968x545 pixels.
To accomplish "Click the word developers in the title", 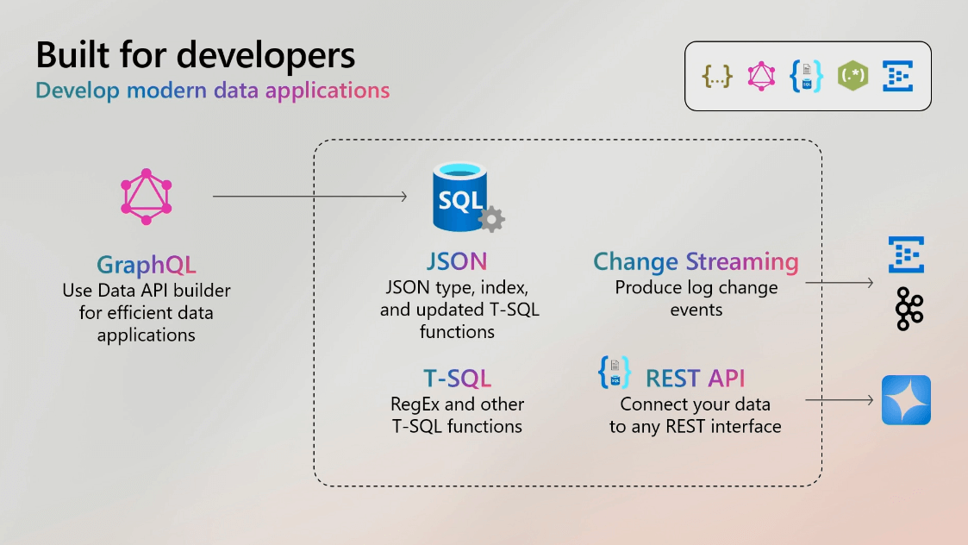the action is click(x=265, y=56).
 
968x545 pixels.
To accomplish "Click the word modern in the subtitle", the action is click(x=166, y=91).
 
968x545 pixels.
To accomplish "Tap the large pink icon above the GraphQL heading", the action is click(x=147, y=197).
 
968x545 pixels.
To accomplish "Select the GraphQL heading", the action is click(x=147, y=265).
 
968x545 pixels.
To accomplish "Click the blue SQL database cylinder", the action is click(x=459, y=197).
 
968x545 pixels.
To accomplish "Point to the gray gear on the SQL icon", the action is click(x=491, y=219).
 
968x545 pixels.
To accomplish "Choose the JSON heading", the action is click(x=457, y=261).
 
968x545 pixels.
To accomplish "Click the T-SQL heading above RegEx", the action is click(x=458, y=379).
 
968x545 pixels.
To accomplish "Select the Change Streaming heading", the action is click(x=696, y=262).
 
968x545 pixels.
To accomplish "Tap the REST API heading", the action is click(x=695, y=379).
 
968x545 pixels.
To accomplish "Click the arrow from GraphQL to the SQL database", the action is click(x=310, y=197).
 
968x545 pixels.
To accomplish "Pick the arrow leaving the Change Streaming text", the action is click(x=840, y=282).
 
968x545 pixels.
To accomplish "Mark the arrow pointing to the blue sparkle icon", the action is click(x=840, y=400).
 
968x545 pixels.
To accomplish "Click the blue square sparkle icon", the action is click(x=906, y=400).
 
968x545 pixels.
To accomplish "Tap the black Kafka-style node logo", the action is click(x=909, y=309).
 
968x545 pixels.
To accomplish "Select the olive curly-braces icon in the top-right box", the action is click(x=717, y=77).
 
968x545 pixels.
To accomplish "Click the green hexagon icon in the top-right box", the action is click(x=852, y=76).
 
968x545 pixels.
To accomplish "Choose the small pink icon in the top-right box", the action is click(x=761, y=76).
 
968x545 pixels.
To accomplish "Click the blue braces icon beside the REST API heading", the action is click(x=615, y=372).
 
